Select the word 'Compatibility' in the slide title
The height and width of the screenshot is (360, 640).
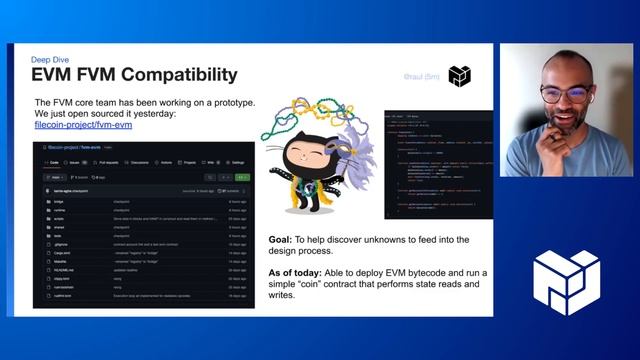coord(176,76)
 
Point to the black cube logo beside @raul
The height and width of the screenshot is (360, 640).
coord(459,76)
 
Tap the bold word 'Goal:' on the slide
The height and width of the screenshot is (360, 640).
coord(287,241)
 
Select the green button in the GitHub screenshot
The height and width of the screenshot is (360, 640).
coord(241,177)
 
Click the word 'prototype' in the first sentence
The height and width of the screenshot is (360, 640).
coord(230,103)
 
